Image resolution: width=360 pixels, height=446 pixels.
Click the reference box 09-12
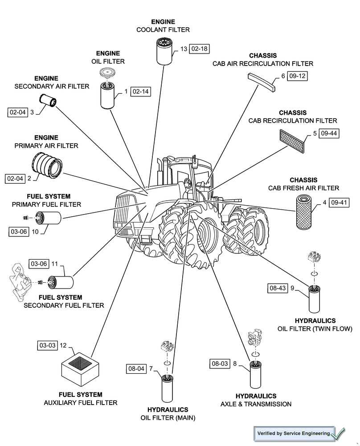pyautogui.click(x=297, y=76)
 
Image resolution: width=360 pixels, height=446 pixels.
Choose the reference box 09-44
pyautogui.click(x=329, y=133)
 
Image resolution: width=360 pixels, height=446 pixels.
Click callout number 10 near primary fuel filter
pyautogui.click(x=35, y=231)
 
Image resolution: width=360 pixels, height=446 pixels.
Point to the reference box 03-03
pyautogui.click(x=48, y=345)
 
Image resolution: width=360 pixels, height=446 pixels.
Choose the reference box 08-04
pyautogui.click(x=136, y=368)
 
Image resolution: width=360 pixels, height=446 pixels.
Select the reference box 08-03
pyautogui.click(x=220, y=364)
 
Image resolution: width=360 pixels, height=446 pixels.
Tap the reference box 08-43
pyautogui.click(x=277, y=288)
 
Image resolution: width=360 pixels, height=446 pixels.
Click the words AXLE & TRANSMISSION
pyautogui.click(x=256, y=404)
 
